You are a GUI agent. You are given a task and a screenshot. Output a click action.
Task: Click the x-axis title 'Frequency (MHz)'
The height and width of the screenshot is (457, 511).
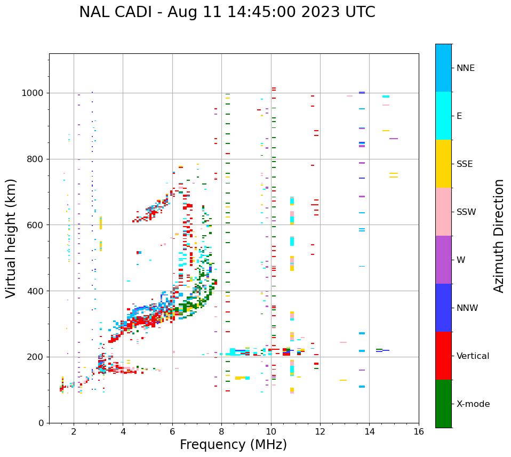coord(233,445)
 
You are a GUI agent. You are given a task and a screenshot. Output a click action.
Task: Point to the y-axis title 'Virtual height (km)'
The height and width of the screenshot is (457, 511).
coord(11,238)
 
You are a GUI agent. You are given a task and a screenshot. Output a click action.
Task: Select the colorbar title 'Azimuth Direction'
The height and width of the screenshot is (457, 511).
coord(499,236)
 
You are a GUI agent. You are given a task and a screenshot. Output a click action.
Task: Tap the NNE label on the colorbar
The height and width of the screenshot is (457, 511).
coord(465,68)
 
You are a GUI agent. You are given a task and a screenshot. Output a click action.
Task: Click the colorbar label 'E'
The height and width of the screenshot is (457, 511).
coord(459,116)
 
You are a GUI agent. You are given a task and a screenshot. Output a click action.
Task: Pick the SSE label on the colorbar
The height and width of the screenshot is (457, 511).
coord(465,164)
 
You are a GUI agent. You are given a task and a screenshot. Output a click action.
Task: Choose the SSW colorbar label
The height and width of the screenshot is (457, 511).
coord(466,212)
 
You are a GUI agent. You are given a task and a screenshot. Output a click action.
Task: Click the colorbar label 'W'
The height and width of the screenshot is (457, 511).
coord(460,260)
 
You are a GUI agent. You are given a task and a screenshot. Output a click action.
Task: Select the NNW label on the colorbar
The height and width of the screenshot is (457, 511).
coord(467,308)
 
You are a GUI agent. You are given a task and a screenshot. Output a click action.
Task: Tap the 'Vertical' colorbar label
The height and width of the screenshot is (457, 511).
coord(473,356)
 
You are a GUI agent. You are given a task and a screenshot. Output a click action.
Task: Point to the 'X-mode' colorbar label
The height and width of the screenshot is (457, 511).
coord(473,404)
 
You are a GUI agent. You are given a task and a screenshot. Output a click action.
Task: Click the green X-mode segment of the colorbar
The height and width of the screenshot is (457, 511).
coord(443,404)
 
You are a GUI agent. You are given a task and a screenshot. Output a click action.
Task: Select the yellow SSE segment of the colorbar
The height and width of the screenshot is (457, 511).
coord(443,164)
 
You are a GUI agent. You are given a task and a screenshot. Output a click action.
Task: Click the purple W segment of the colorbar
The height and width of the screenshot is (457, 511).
coord(443,260)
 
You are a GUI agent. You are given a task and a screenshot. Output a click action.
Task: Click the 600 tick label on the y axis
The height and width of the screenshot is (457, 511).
coord(36,225)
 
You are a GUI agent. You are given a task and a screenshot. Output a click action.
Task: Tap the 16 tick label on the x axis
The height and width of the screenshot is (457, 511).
coord(419,432)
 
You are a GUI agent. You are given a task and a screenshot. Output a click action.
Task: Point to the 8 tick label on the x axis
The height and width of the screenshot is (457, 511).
coord(221,432)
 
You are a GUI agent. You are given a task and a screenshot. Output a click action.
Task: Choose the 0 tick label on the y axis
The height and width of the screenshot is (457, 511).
coord(42,423)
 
